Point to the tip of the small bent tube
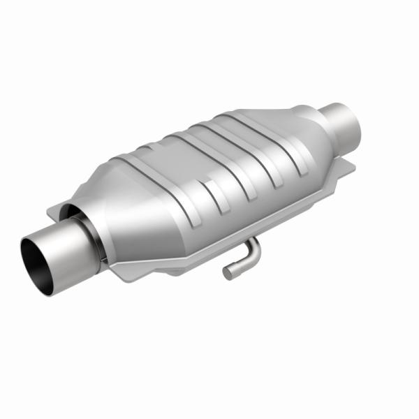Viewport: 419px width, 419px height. click(x=227, y=272)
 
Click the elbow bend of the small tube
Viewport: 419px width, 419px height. click(x=253, y=246)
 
